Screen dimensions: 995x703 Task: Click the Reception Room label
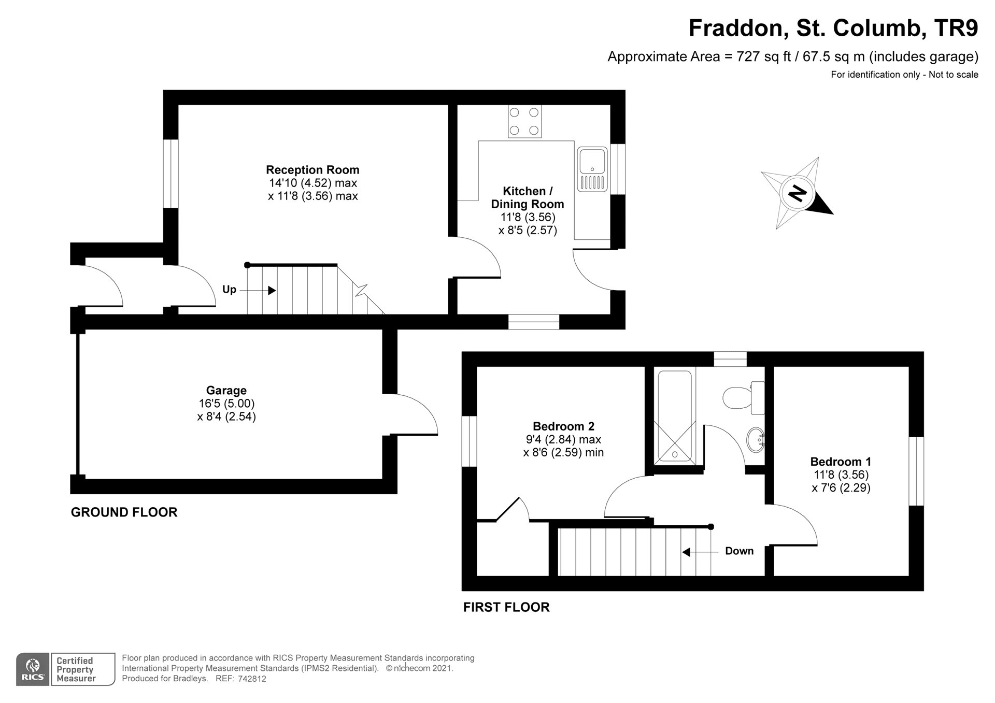pyautogui.click(x=312, y=170)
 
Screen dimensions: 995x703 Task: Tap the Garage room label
pyautogui.click(x=226, y=391)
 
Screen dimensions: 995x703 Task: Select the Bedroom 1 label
pyautogui.click(x=841, y=462)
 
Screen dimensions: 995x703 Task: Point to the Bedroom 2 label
pyautogui.click(x=563, y=426)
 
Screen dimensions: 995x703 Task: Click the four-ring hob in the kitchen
pyautogui.click(x=524, y=121)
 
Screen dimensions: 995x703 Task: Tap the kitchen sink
pyautogui.click(x=592, y=169)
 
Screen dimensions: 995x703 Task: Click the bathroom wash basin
pyautogui.click(x=756, y=439)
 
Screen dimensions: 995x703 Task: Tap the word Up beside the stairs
pyautogui.click(x=229, y=289)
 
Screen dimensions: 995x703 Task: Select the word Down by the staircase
pyautogui.click(x=739, y=551)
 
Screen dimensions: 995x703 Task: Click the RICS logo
pyautogui.click(x=33, y=669)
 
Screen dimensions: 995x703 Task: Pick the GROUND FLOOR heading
pyautogui.click(x=124, y=512)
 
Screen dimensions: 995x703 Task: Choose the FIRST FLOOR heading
pyautogui.click(x=506, y=607)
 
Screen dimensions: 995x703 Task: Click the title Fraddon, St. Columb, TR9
pyautogui.click(x=833, y=28)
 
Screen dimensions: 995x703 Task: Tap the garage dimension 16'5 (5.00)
pyautogui.click(x=226, y=404)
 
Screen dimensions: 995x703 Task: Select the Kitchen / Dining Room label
pyautogui.click(x=528, y=197)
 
